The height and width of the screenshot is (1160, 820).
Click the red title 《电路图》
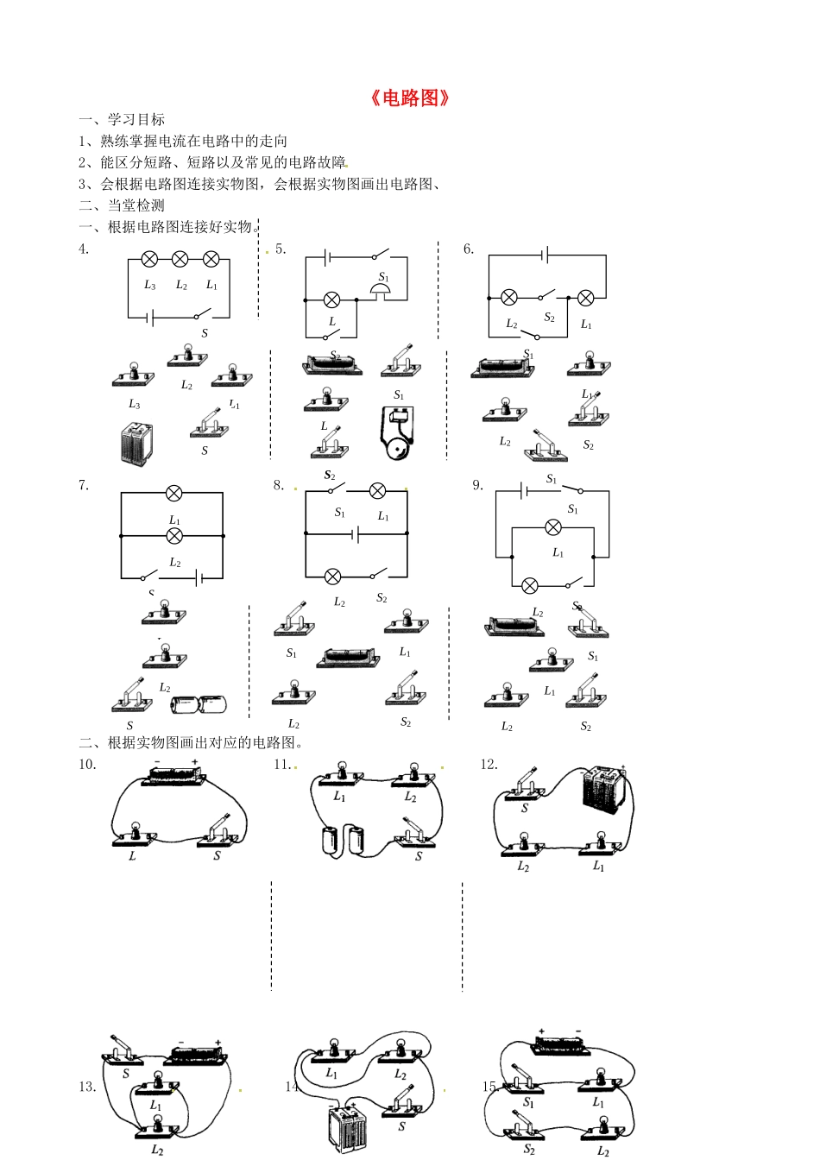(410, 98)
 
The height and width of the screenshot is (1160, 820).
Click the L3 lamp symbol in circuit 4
(149, 259)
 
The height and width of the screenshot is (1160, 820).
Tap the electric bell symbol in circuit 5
(382, 293)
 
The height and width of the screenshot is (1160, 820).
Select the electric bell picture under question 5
(395, 434)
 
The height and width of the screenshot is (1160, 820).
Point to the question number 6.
(469, 249)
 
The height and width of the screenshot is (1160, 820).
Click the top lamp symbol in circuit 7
(173, 493)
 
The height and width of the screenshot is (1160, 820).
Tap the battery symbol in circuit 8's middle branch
(355, 534)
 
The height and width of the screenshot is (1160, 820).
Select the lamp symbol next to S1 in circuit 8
(377, 491)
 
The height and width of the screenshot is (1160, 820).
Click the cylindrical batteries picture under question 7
(199, 704)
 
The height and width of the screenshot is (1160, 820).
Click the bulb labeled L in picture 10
(135, 834)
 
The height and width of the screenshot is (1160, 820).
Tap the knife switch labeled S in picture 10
(219, 831)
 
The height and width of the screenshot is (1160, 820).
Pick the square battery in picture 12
(603, 789)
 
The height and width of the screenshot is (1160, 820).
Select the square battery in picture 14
(347, 1128)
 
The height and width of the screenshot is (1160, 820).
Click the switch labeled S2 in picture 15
(525, 1125)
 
